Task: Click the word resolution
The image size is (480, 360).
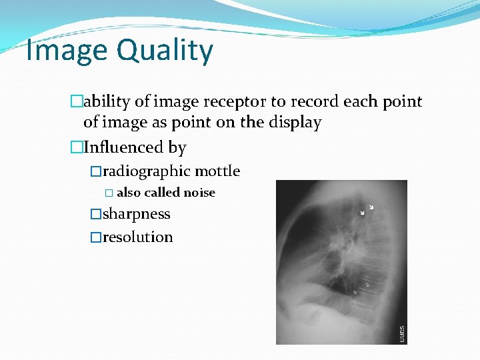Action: click(137, 237)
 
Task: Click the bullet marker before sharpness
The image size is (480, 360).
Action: click(95, 215)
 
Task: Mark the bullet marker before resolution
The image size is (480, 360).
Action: click(95, 237)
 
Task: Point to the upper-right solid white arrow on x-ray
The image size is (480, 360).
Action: click(371, 207)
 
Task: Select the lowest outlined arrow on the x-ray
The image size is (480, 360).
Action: click(355, 292)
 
